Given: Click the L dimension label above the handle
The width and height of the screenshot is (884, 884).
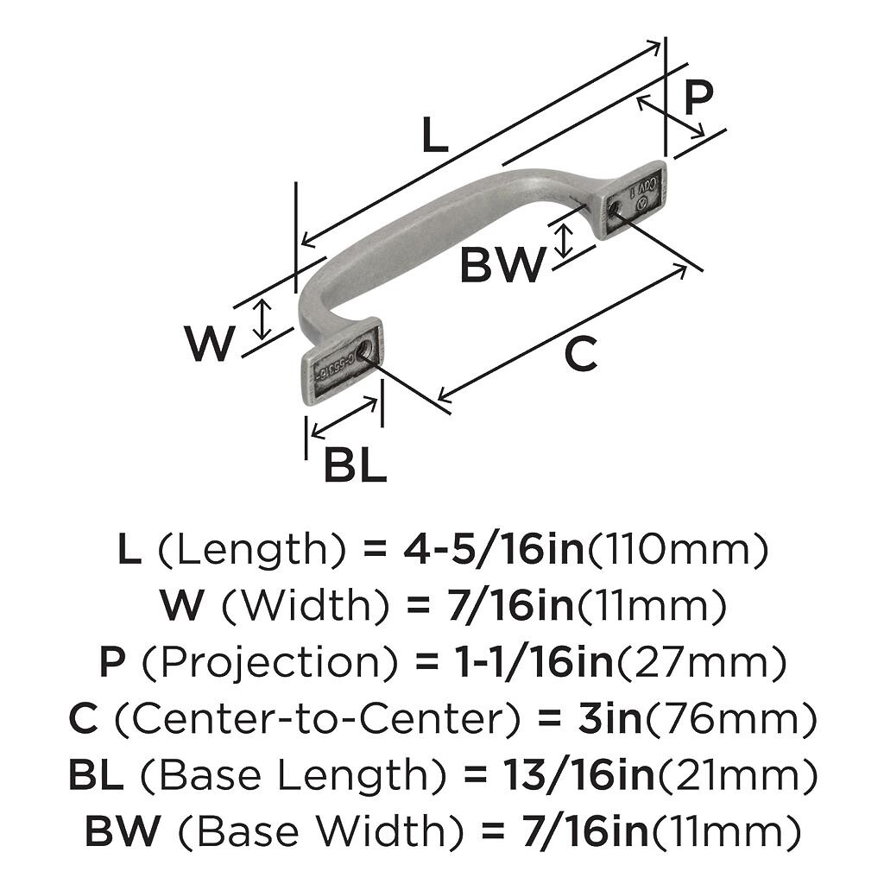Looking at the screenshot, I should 435,136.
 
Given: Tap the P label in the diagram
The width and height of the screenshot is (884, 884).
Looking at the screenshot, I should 698,98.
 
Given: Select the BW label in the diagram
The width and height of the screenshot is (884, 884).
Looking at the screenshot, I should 502,266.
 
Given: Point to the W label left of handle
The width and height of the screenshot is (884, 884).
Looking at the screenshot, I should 210,344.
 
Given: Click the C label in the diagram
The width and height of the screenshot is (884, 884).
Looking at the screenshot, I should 580,355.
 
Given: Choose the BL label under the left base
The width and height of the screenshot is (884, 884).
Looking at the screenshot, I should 355,467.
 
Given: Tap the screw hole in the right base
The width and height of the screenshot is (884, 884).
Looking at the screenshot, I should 613,209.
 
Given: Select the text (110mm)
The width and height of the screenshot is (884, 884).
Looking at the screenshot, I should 678,550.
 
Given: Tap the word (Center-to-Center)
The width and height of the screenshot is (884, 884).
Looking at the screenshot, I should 307,720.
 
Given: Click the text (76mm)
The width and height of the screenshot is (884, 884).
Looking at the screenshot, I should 730,720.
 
